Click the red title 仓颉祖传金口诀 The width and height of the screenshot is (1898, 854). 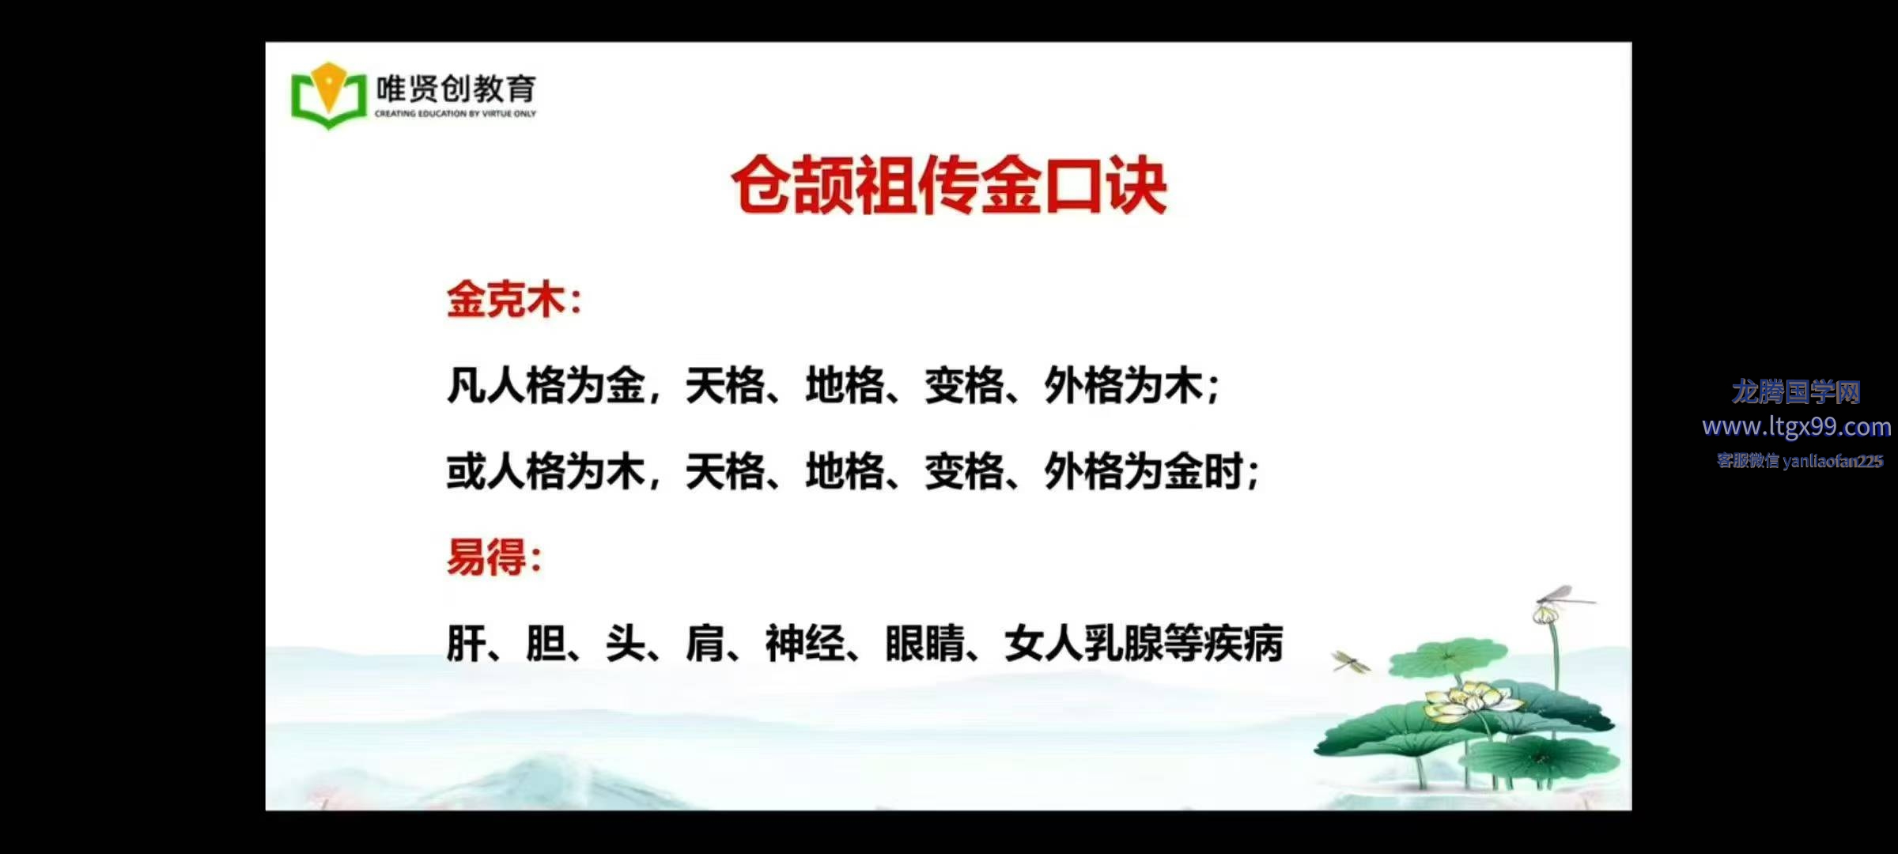click(x=949, y=186)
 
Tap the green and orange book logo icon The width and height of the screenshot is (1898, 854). click(x=329, y=95)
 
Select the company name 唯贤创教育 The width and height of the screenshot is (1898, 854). click(x=456, y=89)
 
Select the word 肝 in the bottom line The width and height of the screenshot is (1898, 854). click(x=467, y=643)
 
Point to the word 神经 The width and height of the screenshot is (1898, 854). click(x=805, y=643)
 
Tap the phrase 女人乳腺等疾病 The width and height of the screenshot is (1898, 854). click(x=1144, y=643)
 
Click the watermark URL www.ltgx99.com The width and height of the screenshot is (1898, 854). click(x=1797, y=427)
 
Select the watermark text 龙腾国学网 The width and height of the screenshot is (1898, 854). click(x=1796, y=391)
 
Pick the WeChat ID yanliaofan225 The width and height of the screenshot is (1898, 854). click(x=1833, y=461)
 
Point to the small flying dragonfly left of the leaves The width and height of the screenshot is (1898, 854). click(x=1351, y=661)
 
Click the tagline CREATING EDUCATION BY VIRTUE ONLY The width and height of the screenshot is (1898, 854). click(x=456, y=114)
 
